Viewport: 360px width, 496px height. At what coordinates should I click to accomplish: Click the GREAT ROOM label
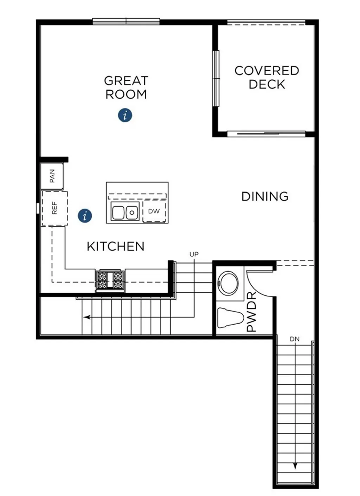pyautogui.click(x=126, y=87)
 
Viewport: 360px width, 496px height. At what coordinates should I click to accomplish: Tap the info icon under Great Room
pyautogui.click(x=125, y=115)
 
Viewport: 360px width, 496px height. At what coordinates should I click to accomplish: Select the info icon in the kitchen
pyautogui.click(x=85, y=216)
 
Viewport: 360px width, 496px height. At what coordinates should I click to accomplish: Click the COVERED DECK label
pyautogui.click(x=266, y=77)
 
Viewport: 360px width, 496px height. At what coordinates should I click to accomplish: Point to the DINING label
pyautogui.click(x=265, y=196)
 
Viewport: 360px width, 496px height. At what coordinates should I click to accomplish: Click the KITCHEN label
pyautogui.click(x=116, y=247)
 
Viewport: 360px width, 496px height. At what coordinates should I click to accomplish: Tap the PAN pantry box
pyautogui.click(x=52, y=176)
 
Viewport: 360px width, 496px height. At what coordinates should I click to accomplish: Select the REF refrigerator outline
pyautogui.click(x=54, y=208)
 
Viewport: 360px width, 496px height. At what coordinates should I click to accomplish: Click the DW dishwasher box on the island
pyautogui.click(x=154, y=211)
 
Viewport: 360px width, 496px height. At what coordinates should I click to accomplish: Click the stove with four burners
pyautogui.click(x=110, y=280)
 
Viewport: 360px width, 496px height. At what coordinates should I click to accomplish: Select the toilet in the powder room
pyautogui.click(x=231, y=318)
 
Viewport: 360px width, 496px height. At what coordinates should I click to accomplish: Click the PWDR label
pyautogui.click(x=252, y=312)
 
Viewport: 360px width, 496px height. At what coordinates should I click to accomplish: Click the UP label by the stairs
pyautogui.click(x=194, y=254)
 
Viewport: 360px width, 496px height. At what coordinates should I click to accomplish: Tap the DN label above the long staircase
pyautogui.click(x=295, y=339)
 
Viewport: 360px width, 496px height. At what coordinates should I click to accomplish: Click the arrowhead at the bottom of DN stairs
pyautogui.click(x=295, y=466)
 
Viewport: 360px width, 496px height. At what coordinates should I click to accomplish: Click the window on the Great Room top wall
pyautogui.click(x=126, y=22)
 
